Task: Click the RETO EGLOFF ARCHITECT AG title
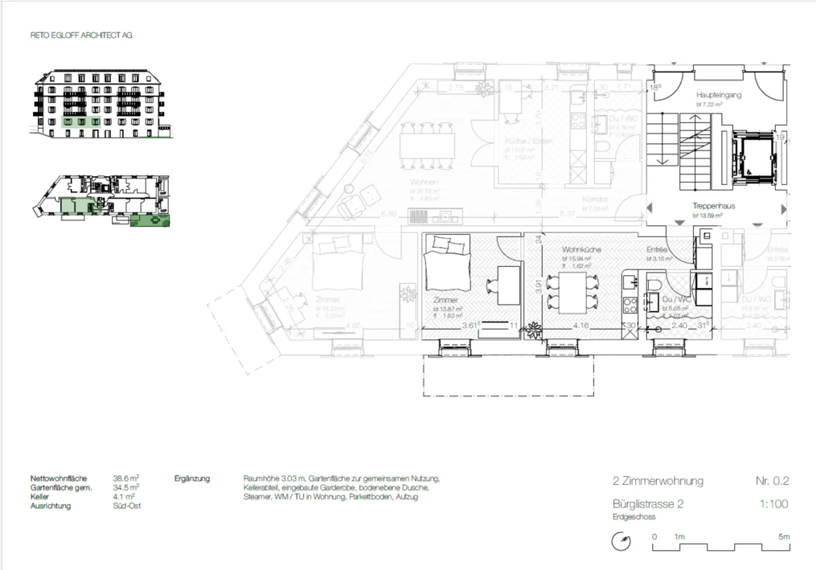tap(81, 35)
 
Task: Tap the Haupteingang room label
tap(719, 95)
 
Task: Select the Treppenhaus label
tap(713, 206)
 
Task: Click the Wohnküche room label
tap(581, 249)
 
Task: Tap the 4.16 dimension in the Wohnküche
tap(581, 326)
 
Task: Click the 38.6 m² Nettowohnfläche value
tap(126, 478)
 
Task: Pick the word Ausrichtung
tap(50, 506)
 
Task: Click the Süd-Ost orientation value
tap(127, 506)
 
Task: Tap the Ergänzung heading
tap(192, 479)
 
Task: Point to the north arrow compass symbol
tap(621, 542)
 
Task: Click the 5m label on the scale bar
tap(783, 537)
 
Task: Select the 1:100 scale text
tap(773, 504)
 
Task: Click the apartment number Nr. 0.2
tap(772, 480)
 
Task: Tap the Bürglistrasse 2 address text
tap(648, 504)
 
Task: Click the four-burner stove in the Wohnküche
tap(630, 306)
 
